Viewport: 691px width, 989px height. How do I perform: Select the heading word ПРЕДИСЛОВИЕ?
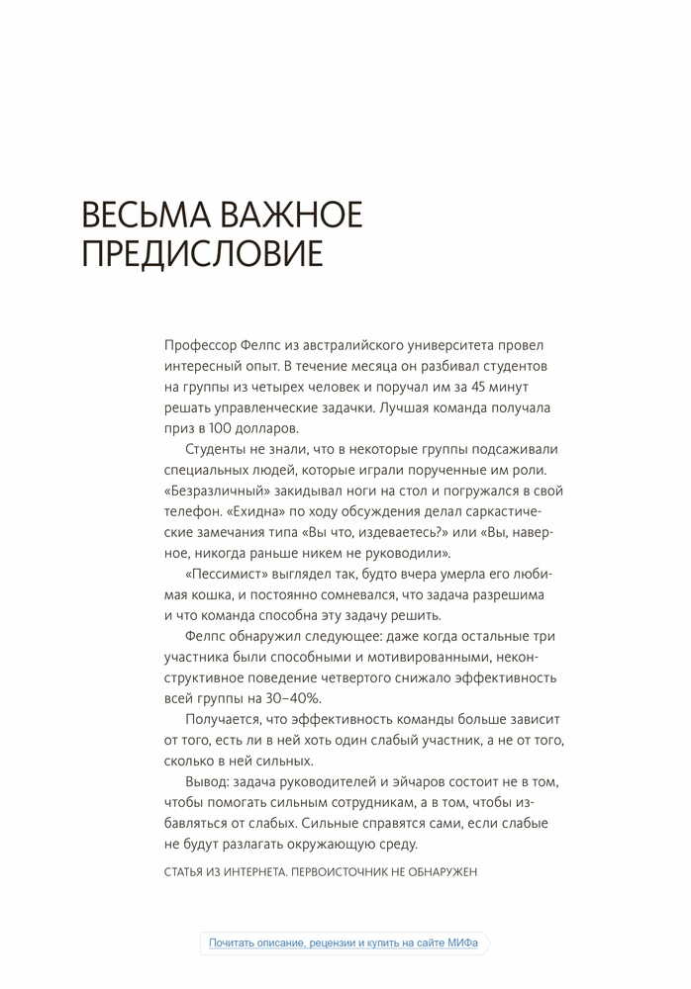point(202,254)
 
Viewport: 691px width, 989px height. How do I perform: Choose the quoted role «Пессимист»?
point(223,574)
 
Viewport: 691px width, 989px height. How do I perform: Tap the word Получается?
point(224,719)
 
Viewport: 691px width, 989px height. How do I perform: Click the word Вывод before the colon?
point(205,781)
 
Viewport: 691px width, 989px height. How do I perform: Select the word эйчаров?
point(410,781)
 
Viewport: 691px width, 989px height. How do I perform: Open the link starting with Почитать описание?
point(344,944)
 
